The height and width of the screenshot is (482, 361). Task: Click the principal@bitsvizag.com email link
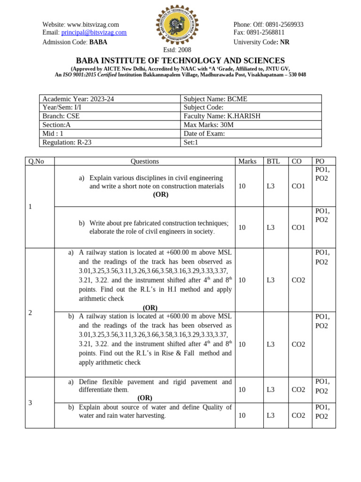94,32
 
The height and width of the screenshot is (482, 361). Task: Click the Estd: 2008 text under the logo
177,50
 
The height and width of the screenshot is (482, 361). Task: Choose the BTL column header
273,161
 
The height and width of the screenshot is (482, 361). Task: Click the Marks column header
247,161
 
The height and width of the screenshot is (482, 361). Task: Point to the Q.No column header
36,161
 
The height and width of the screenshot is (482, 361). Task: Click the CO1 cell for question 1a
298,186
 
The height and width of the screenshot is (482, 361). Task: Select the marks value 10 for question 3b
242,415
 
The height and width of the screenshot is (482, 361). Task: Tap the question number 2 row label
30,313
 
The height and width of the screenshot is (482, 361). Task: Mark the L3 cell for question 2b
271,345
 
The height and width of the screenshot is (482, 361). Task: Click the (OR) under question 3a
145,398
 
